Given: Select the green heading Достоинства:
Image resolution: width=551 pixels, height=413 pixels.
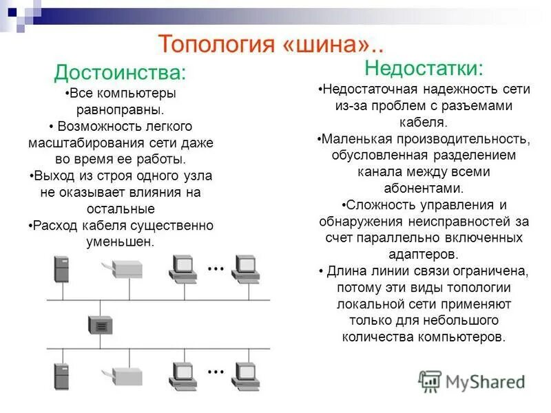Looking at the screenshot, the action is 120,72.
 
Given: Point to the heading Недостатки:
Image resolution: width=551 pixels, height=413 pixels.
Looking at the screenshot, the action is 424,68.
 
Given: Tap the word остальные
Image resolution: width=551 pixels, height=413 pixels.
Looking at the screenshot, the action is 121,209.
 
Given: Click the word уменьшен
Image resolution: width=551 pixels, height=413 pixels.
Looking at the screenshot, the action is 120,242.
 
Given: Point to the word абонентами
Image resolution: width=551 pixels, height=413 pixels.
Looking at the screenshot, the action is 423,189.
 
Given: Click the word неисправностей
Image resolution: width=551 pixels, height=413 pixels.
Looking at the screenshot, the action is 447,221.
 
